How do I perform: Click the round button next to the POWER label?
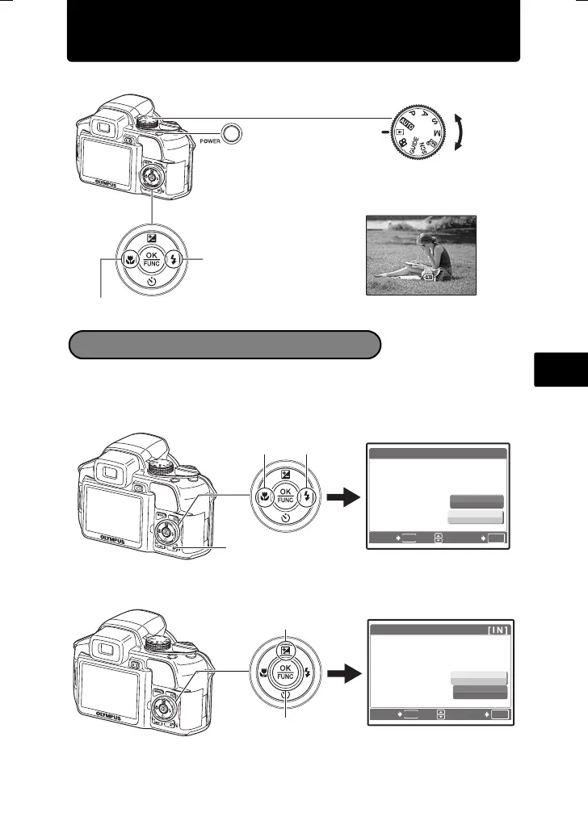point(232,133)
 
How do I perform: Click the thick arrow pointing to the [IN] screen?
point(345,672)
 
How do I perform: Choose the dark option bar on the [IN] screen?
point(480,692)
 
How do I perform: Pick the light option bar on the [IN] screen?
point(480,678)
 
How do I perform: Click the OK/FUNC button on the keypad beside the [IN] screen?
point(285,671)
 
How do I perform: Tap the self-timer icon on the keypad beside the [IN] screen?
point(285,696)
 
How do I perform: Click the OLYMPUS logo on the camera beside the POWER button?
point(97,185)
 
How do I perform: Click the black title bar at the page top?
point(293,31)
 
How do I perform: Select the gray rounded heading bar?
point(225,344)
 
